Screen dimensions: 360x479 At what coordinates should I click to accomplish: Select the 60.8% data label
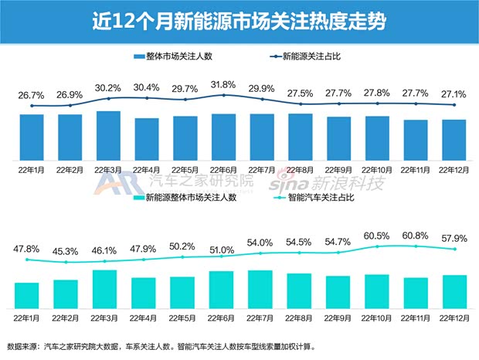tap(416, 236)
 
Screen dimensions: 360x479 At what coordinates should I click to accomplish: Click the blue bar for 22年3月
tap(108, 134)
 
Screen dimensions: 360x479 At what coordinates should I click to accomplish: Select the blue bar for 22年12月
tap(454, 139)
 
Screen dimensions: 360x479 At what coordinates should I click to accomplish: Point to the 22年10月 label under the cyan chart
tap(376, 317)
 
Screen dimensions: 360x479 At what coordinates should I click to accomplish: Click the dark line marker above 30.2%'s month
tap(108, 99)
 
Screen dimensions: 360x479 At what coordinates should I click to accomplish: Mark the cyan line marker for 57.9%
tap(454, 249)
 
